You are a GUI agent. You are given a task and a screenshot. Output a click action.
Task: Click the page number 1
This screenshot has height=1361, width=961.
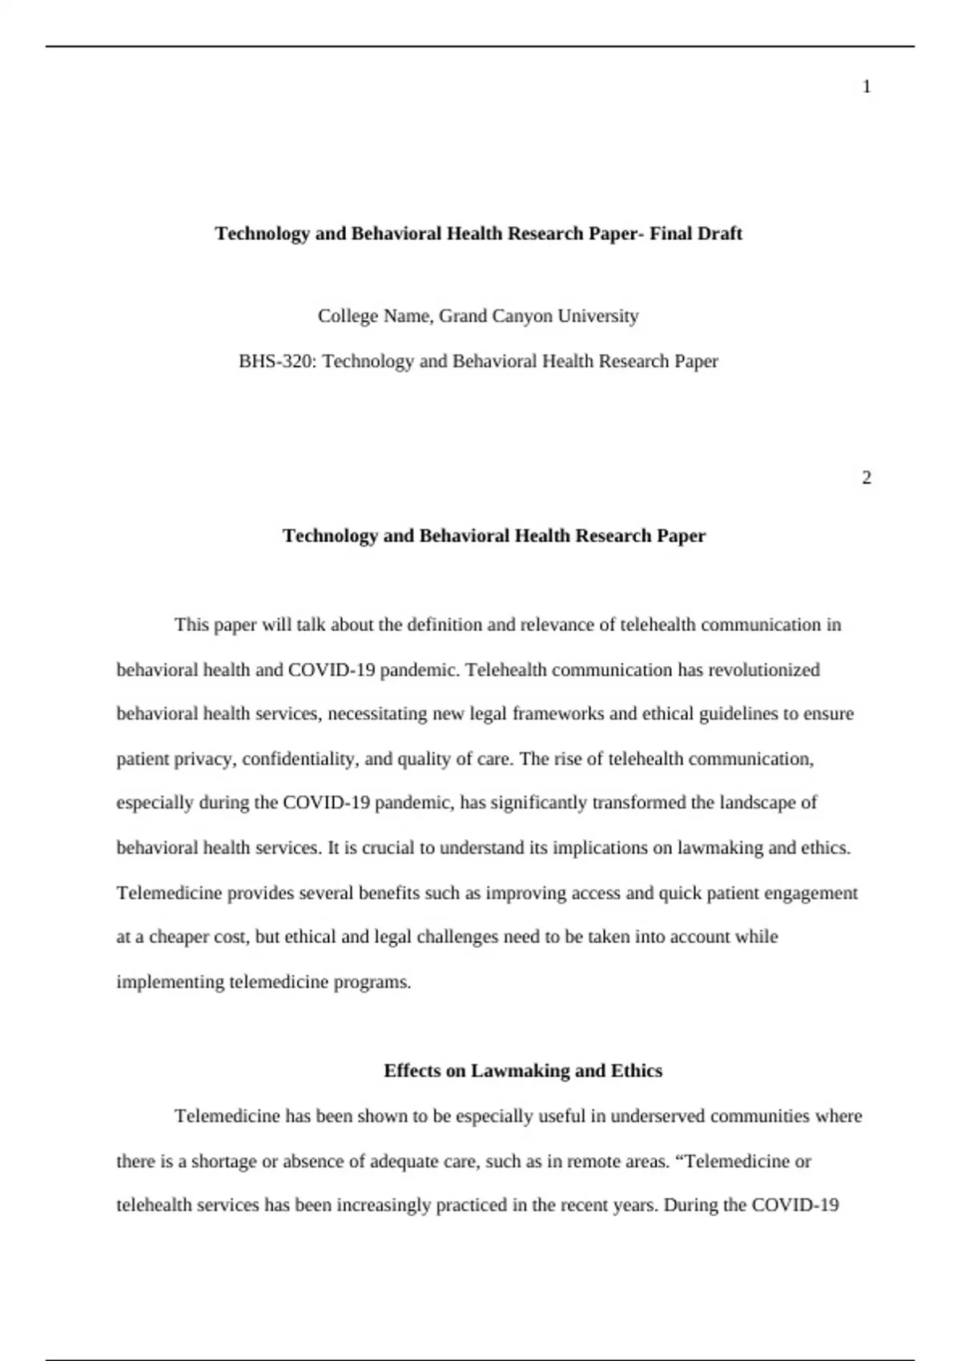click(867, 87)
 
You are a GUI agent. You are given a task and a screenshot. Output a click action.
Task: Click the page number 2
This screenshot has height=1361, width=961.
click(867, 478)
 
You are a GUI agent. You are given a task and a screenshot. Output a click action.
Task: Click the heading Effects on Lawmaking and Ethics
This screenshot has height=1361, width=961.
click(523, 1070)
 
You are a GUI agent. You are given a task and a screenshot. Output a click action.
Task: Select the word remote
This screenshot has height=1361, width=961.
click(593, 1161)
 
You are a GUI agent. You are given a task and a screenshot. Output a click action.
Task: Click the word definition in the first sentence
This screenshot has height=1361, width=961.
click(444, 624)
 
